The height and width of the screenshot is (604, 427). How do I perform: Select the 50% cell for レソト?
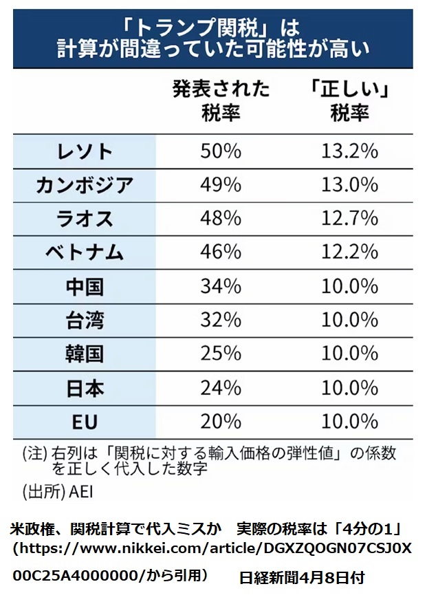tap(220, 151)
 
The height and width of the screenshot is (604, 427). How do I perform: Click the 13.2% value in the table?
tap(349, 151)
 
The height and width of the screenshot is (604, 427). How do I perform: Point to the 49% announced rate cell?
tap(220, 185)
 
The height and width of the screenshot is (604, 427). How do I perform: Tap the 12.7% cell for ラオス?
tap(349, 219)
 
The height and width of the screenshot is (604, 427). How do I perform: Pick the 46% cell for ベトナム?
tap(220, 252)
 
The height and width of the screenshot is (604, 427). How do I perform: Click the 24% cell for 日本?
tap(220, 388)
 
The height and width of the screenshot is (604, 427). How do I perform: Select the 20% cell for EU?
tap(220, 422)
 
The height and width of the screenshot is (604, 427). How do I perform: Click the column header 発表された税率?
tap(221, 100)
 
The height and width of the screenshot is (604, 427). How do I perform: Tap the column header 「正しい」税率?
tap(349, 100)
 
